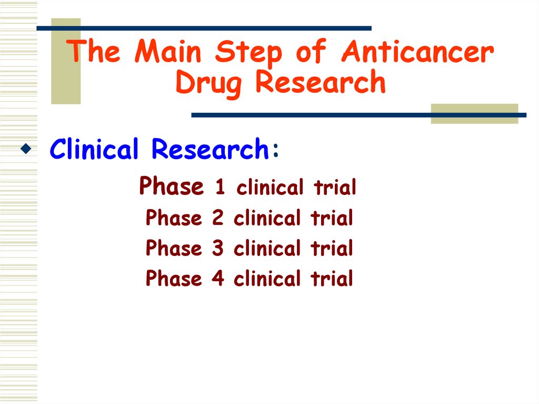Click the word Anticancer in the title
pos(417,53)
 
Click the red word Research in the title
pos(321,83)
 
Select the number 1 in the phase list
pos(221,188)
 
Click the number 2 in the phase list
pos(218,218)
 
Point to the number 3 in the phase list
pos(218,248)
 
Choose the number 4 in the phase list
pos(218,279)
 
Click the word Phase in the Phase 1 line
pos(171,186)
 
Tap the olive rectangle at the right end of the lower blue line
pos(474,113)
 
